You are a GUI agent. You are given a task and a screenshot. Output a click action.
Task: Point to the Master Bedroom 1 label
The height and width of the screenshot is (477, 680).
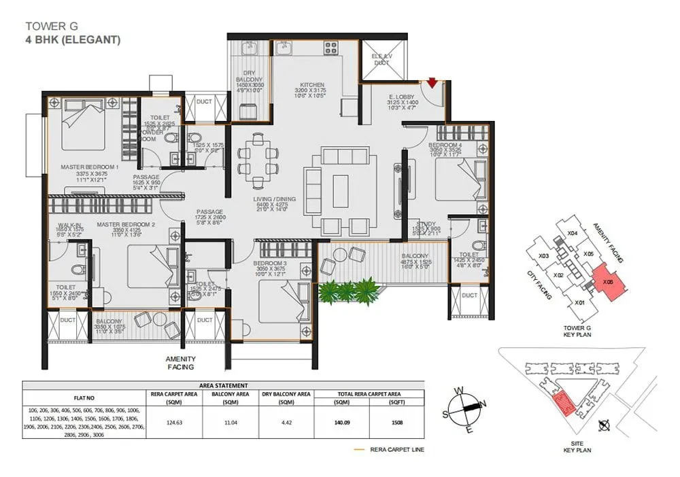pyautogui.click(x=89, y=166)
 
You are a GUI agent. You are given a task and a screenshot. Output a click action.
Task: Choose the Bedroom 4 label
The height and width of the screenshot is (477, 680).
pyautogui.click(x=445, y=145)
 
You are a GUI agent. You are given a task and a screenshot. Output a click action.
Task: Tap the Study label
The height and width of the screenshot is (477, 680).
pyautogui.click(x=426, y=224)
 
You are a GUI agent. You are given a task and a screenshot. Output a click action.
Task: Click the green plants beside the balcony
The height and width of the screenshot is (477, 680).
pyautogui.click(x=348, y=291)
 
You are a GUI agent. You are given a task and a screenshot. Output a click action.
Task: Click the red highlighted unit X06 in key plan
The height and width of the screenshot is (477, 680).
pyautogui.click(x=607, y=281)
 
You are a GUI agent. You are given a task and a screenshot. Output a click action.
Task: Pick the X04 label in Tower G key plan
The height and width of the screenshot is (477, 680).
pyautogui.click(x=573, y=233)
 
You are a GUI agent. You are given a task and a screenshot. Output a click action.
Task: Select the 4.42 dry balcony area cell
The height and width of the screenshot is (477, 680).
pyautogui.click(x=285, y=422)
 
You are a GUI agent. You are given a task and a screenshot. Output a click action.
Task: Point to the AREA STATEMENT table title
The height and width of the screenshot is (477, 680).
pyautogui.click(x=223, y=385)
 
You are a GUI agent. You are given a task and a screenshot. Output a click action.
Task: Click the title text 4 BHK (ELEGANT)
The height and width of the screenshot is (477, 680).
pyautogui.click(x=73, y=39)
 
